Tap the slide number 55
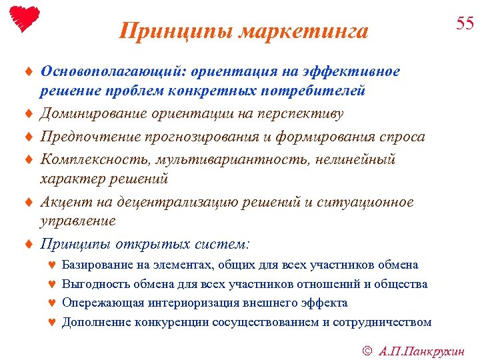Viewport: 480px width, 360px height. click(x=465, y=24)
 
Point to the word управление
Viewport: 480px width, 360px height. click(x=78, y=221)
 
